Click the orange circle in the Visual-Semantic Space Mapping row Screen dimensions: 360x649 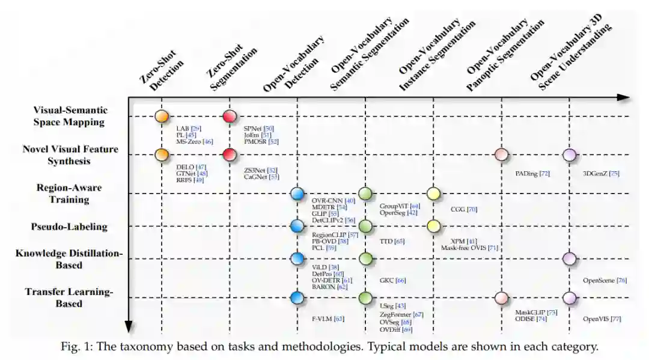161,117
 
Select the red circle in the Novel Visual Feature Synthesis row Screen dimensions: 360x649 229,155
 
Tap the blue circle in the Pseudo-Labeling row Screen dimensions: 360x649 297,226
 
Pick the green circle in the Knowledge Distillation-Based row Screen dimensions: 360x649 365,259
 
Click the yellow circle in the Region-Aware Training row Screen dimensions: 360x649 433,194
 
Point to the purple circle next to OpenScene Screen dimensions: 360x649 569,259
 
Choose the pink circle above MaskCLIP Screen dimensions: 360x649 501,297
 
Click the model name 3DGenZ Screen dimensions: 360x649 593,174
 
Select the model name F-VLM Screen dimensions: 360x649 323,319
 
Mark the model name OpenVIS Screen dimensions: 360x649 596,319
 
